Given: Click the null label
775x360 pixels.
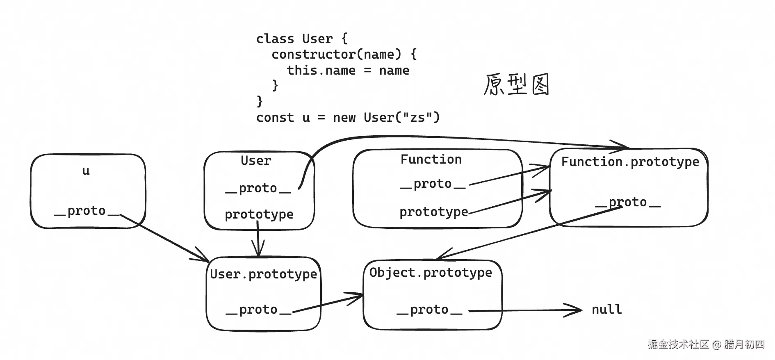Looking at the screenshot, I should [x=606, y=309].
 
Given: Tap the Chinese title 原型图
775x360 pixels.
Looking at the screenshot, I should [x=516, y=85].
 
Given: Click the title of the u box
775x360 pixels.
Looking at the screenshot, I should [x=86, y=171].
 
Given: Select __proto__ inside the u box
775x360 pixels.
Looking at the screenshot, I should [x=87, y=211].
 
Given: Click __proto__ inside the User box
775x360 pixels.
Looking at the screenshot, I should [x=258, y=188].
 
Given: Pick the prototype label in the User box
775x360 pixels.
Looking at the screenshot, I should [x=259, y=214].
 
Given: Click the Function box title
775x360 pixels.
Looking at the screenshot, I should [x=431, y=159].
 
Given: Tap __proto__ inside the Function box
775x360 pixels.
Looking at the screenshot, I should [x=433, y=184].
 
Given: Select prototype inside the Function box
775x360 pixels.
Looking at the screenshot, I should [x=434, y=212].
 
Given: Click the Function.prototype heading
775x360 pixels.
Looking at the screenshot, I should [x=630, y=162].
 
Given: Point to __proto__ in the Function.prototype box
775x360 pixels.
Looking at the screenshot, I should [x=628, y=202].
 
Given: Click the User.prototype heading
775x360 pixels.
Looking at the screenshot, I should [x=263, y=274].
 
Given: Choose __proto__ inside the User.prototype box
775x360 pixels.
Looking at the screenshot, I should [x=258, y=310].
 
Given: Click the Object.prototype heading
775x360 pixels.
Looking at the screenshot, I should [x=431, y=272].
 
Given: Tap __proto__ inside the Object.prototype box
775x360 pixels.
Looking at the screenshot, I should [x=429, y=310].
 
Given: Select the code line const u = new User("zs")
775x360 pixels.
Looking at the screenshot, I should [x=348, y=118].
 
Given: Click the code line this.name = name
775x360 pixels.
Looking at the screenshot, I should [x=348, y=70].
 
